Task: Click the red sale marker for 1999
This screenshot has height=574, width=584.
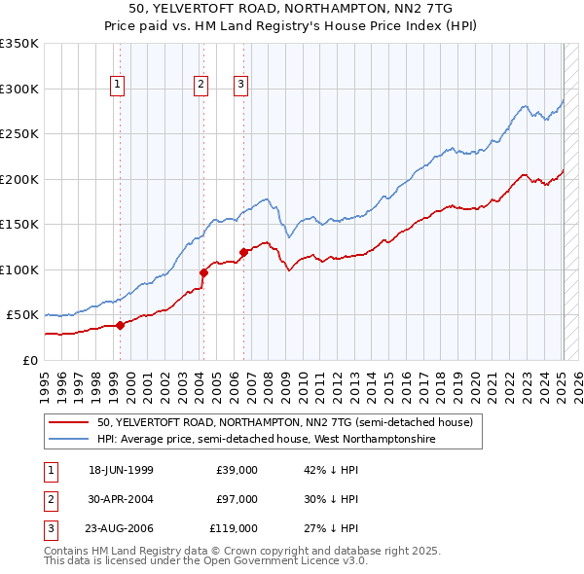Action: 120,325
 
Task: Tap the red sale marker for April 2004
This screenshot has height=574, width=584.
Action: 203,273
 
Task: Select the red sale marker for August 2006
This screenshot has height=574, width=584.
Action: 243,253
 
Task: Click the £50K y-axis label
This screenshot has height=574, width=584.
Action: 22,315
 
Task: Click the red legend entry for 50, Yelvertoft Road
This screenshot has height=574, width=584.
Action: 284,423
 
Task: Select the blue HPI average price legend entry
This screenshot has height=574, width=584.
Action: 265,440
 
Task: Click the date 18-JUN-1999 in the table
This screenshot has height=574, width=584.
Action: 121,470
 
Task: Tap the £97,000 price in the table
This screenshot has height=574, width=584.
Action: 237,499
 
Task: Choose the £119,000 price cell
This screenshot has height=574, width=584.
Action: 234,528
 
